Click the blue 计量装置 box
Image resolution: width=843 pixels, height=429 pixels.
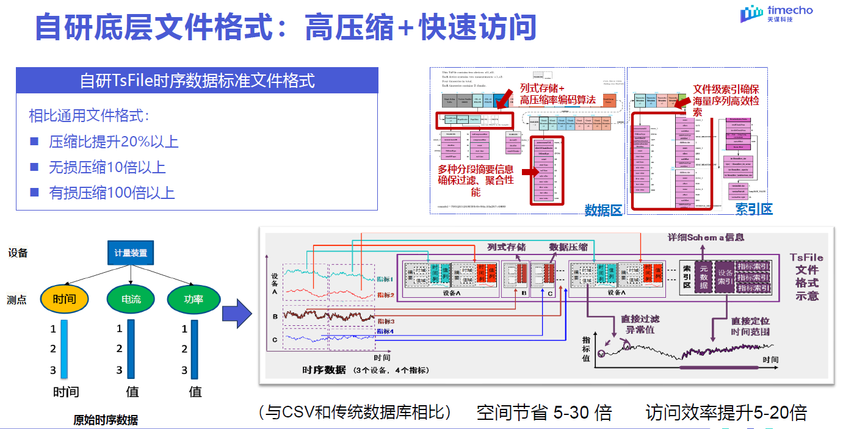click(x=131, y=253)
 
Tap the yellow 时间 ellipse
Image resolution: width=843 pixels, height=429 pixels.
click(x=65, y=299)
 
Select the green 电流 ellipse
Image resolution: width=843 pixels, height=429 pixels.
click(x=131, y=299)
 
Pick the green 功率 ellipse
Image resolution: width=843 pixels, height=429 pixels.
click(x=193, y=299)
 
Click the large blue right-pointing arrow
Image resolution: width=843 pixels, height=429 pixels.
click(x=236, y=315)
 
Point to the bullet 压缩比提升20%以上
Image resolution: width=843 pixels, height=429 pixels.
click(x=113, y=142)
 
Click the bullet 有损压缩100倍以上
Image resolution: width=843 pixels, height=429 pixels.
click(x=111, y=193)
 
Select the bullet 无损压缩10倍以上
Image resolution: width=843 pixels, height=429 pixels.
click(x=107, y=168)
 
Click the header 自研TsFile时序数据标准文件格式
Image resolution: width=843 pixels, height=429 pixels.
click(x=197, y=81)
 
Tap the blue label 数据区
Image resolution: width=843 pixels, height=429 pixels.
click(x=603, y=210)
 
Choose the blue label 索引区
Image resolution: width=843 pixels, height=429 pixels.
click(x=754, y=209)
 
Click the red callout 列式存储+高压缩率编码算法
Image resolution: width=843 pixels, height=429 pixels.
click(x=557, y=94)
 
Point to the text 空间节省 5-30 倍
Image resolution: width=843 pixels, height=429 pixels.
click(x=544, y=413)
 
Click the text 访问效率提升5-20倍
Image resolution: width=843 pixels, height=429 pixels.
click(x=726, y=413)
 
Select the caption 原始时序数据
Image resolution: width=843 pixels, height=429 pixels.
click(x=106, y=420)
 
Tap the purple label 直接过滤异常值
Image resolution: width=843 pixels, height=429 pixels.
click(x=640, y=324)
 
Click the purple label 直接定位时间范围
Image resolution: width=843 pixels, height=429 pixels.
click(x=750, y=326)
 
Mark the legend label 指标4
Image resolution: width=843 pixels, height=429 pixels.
click(x=385, y=331)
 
